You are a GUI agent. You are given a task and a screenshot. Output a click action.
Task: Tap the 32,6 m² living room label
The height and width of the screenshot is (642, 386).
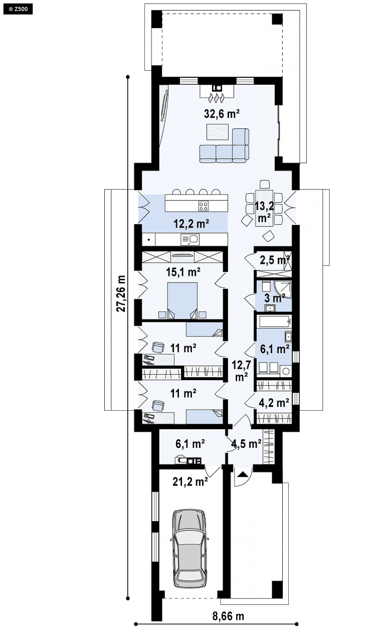222,114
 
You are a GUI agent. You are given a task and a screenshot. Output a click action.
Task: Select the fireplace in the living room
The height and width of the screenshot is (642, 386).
217,93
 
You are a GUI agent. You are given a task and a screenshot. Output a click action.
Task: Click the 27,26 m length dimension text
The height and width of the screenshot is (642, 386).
121,293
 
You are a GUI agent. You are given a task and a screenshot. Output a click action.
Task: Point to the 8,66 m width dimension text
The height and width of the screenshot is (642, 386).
228,616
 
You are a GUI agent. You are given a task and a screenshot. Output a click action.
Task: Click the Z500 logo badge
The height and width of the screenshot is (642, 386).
18,9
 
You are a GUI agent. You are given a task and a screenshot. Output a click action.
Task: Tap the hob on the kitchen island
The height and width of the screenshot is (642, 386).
203,206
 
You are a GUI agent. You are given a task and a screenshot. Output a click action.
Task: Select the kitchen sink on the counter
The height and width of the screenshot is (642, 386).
190,239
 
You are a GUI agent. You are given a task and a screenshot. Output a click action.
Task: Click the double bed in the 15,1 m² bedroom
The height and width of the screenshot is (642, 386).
182,301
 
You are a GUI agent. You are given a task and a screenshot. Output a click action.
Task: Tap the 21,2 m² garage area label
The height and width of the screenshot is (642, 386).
190,482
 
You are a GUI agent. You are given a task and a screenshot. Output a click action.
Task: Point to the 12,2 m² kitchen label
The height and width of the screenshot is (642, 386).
191,224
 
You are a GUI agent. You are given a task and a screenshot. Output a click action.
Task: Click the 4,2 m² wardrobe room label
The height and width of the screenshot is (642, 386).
274,402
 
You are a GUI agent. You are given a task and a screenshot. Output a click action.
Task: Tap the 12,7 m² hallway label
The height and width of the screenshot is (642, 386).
241,370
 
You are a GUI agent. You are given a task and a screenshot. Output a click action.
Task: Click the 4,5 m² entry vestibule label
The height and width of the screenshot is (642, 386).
246,444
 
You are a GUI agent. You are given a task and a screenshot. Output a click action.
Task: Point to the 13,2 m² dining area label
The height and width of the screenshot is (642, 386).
264,212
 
